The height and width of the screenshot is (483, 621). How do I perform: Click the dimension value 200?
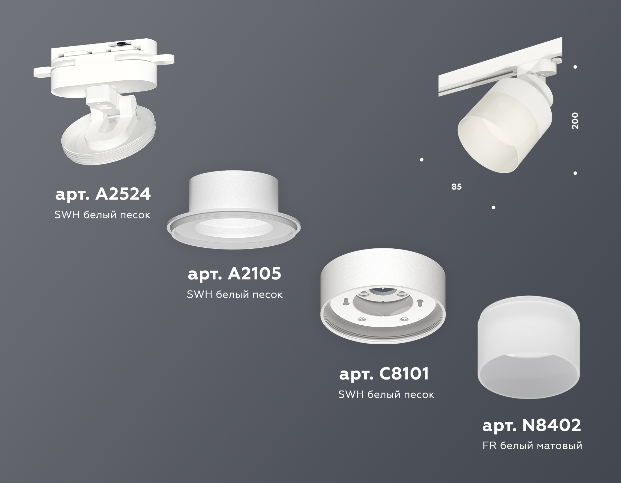(575, 121)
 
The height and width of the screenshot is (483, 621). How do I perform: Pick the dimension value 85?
(456, 187)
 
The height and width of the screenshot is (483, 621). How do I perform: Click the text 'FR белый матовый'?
(532, 446)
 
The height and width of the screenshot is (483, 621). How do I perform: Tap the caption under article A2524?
(102, 215)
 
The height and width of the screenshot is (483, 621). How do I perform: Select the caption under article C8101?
(386, 394)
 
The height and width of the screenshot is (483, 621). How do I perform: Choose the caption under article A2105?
(235, 294)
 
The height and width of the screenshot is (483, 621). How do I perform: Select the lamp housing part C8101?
(383, 297)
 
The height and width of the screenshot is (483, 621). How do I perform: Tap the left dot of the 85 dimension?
(422, 160)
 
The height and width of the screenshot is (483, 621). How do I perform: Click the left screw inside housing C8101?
(362, 319)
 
